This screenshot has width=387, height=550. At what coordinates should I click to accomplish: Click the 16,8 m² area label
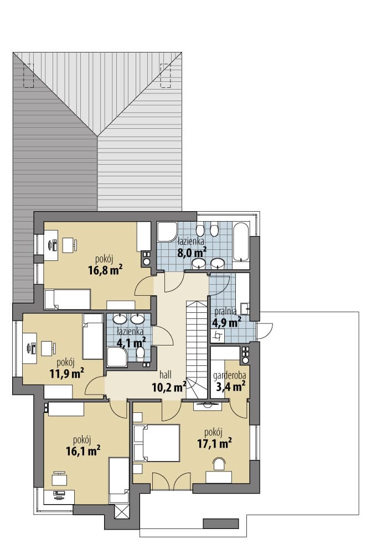[x=105, y=270]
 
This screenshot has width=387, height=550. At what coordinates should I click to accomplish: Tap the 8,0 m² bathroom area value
[x=192, y=252]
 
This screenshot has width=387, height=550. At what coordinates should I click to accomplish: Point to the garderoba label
[x=230, y=376]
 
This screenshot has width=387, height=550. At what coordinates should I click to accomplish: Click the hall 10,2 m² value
[x=169, y=387]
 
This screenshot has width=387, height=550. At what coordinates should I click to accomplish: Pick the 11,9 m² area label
[x=66, y=373]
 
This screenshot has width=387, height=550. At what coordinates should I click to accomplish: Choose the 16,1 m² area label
[x=83, y=451]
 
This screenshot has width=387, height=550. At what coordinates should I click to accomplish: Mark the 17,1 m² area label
[x=214, y=443]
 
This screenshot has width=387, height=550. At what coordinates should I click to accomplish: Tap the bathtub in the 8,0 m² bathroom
[x=241, y=242]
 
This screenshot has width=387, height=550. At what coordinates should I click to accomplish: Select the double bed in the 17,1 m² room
[x=157, y=443]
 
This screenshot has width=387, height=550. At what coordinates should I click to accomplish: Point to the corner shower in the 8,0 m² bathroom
[x=167, y=232]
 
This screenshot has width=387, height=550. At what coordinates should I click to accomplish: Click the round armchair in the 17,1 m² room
[x=219, y=464]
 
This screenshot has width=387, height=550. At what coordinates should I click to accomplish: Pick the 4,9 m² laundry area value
[x=226, y=322]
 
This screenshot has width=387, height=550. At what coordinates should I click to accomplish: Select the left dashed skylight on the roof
[x=28, y=76]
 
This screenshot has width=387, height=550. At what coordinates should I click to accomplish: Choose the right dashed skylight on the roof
[x=166, y=76]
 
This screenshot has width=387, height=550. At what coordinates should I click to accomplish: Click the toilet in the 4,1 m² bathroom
[x=140, y=354]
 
